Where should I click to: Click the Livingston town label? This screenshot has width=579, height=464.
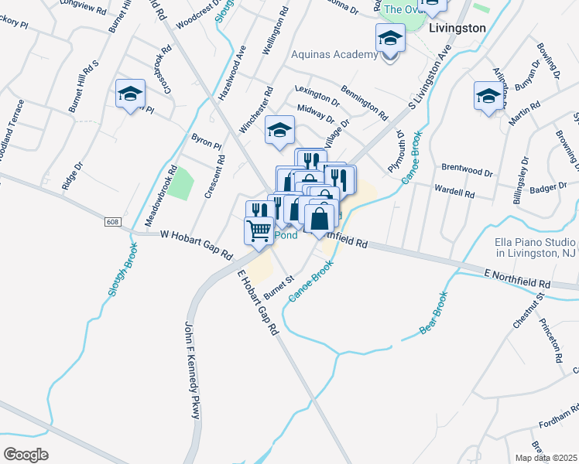point(457,28)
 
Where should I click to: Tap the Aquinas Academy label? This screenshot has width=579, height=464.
point(334,54)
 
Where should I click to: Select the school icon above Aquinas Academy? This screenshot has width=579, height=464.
point(390,39)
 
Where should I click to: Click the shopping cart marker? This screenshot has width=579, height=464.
point(259,230)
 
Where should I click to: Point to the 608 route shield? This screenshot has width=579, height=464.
point(113,222)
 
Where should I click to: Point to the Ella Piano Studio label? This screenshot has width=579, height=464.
point(534,247)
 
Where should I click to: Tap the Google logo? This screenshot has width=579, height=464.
point(26,454)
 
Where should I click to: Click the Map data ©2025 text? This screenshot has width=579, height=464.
point(546,457)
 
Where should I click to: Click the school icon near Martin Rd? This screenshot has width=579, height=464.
point(488,97)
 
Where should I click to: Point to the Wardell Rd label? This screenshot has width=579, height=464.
point(454,192)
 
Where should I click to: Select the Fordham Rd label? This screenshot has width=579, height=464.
point(558,418)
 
